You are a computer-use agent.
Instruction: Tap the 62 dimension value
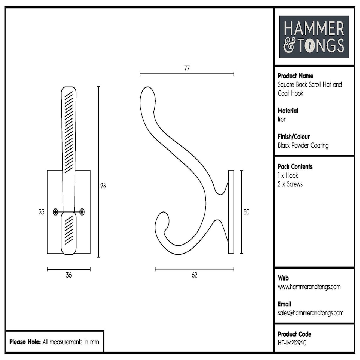pos(194,275)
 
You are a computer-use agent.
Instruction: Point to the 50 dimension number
pos(246,212)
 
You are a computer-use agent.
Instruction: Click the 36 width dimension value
pos(69,275)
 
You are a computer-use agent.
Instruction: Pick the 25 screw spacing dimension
pos(41,212)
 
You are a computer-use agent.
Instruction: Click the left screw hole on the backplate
pos(56,212)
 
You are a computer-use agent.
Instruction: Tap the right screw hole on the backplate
pos(82,212)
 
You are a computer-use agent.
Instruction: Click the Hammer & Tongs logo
pos(314,37)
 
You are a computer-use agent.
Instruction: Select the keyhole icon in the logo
pos(310,46)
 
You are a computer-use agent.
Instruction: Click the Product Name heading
pos(295,76)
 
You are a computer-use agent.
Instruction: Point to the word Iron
pos(282,119)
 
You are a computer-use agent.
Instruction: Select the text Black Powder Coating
pos(303,145)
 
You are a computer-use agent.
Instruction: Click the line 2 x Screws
pos(290,184)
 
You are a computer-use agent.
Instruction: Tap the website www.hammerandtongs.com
pos(309,287)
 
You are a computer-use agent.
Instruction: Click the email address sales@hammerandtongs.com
pos(310,313)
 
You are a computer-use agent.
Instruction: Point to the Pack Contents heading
pos(295,166)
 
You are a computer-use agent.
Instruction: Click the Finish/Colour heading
pos(294,137)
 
